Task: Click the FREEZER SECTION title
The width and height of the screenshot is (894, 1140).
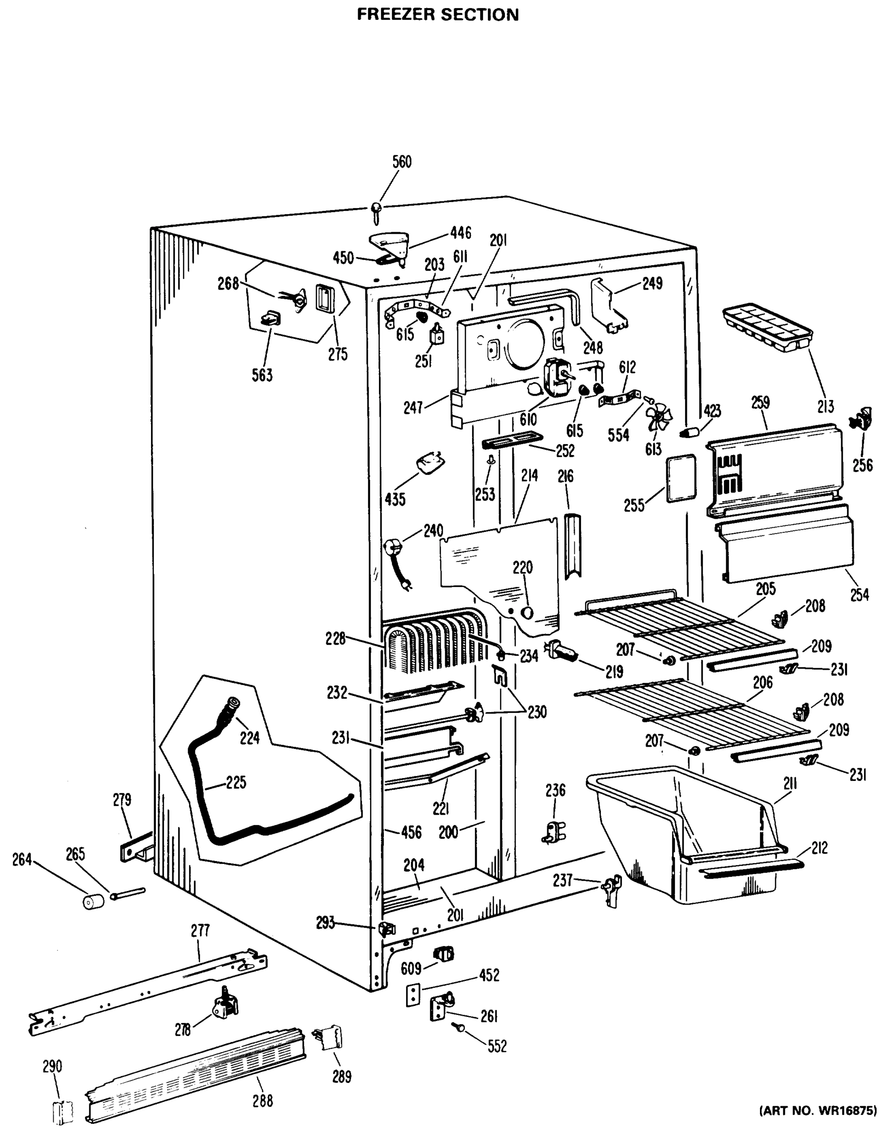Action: [x=437, y=14]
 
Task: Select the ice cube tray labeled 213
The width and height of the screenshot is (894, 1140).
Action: [x=766, y=327]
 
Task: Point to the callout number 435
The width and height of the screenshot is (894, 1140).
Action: [x=395, y=499]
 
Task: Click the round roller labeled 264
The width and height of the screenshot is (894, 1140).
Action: [x=94, y=902]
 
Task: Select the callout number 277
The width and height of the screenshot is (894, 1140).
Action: [x=200, y=931]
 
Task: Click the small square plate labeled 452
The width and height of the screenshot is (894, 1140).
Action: [x=413, y=994]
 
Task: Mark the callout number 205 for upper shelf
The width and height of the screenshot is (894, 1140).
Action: [x=765, y=589]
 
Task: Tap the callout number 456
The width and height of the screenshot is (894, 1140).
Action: [x=411, y=832]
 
